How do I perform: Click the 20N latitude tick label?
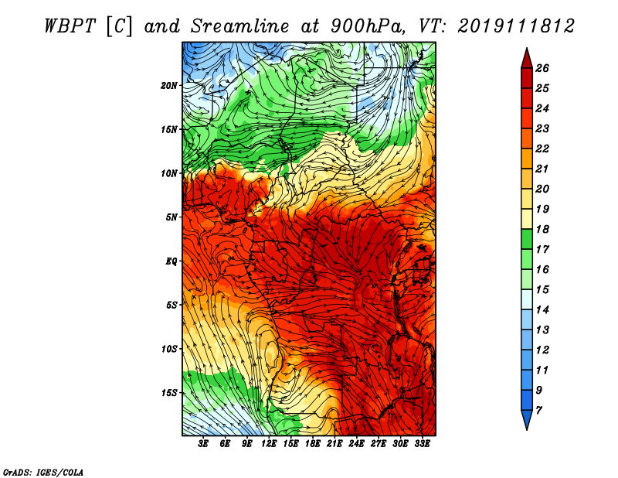(169, 86)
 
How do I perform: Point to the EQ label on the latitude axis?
(171, 261)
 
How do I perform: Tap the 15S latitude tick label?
(169, 393)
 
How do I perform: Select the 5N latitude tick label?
(171, 217)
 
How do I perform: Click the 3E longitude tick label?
(203, 444)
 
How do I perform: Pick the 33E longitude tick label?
(422, 444)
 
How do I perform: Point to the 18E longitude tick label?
(313, 444)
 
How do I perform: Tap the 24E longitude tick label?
(356, 444)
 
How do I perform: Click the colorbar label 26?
(542, 68)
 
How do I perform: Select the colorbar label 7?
(539, 411)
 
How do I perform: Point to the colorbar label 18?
(542, 229)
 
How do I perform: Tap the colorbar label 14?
(542, 310)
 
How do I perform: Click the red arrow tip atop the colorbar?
(527, 48)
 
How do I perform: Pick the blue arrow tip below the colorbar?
(527, 429)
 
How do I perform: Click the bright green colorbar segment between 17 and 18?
(527, 239)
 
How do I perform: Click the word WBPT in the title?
(70, 26)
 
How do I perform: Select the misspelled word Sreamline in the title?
(240, 26)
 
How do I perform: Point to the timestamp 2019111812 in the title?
(516, 26)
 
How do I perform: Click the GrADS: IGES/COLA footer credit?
(43, 472)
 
